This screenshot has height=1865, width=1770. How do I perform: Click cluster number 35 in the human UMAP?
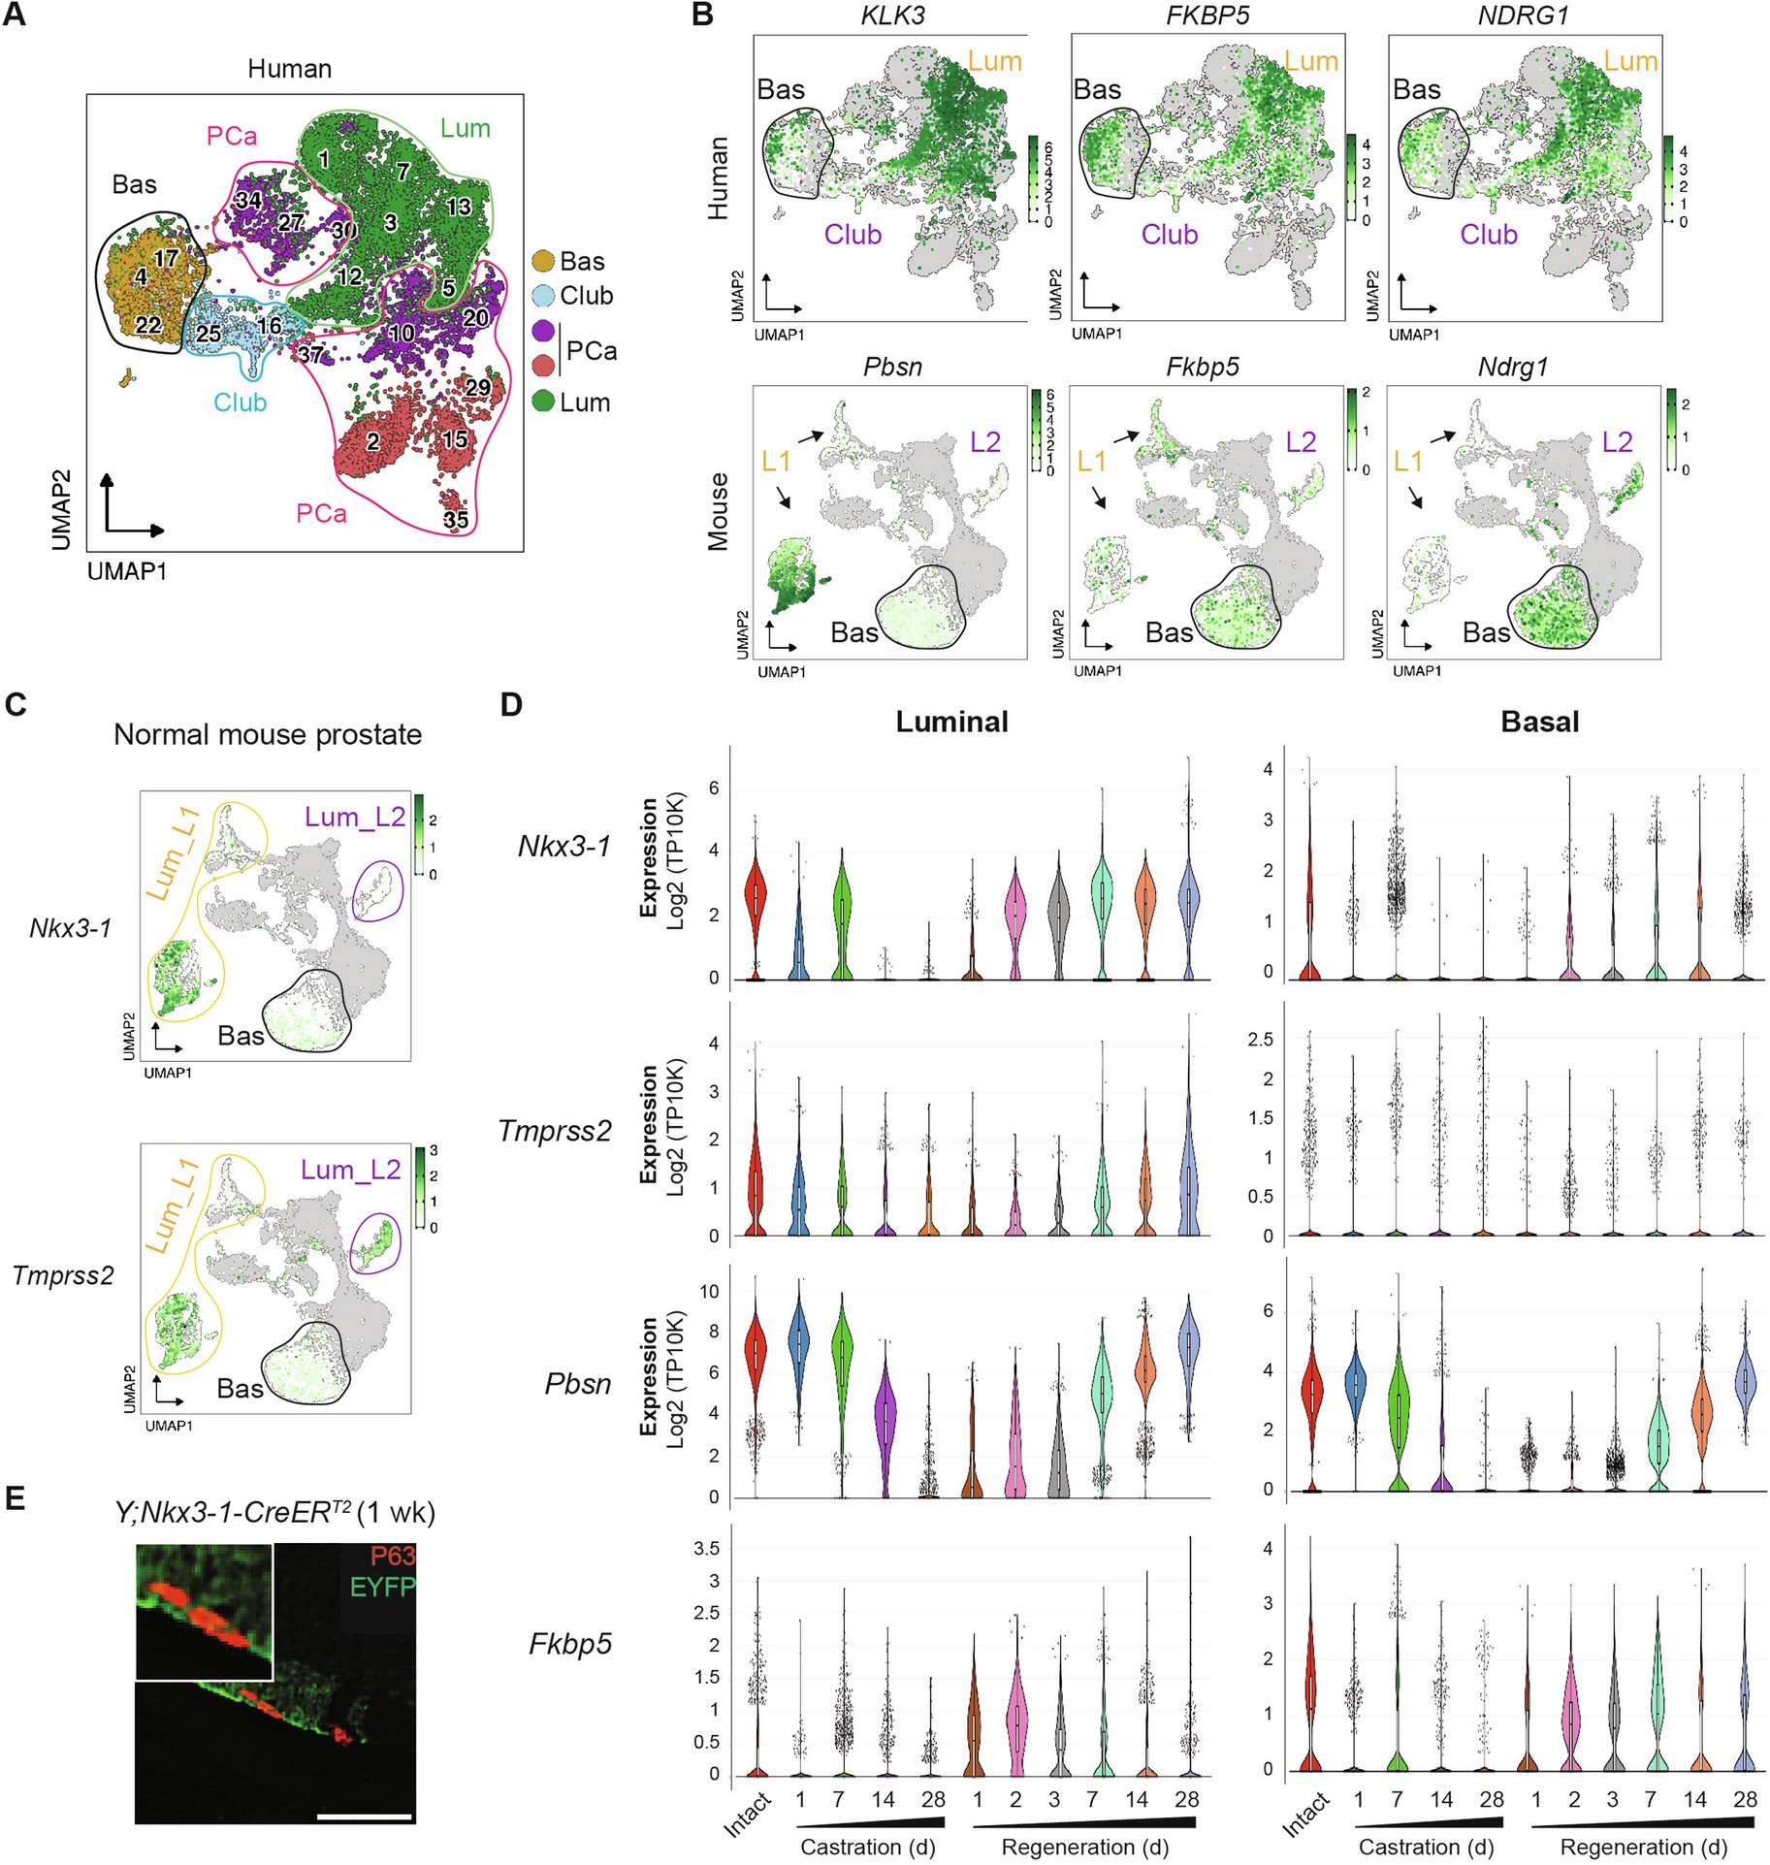click(x=456, y=520)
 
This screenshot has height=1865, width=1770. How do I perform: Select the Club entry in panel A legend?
click(x=585, y=295)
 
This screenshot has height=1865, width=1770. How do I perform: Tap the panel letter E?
click(x=15, y=1500)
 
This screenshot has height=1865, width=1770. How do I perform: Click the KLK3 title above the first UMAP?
click(x=892, y=15)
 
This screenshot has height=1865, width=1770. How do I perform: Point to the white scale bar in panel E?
click(x=364, y=1816)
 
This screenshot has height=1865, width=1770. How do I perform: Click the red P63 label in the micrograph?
click(x=392, y=1556)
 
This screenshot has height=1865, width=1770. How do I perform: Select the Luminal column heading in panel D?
click(x=951, y=722)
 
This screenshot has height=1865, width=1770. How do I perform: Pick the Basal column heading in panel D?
click(x=1539, y=722)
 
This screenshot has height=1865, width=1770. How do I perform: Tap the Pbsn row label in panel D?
click(x=578, y=1383)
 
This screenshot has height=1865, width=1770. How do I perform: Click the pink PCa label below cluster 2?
click(x=321, y=513)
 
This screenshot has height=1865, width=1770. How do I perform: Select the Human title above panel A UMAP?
click(x=289, y=69)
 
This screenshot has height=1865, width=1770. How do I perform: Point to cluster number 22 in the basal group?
click(x=148, y=325)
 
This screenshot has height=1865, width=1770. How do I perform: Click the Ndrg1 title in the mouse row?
click(x=1512, y=368)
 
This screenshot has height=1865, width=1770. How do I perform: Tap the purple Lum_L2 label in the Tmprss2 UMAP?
click(x=350, y=1170)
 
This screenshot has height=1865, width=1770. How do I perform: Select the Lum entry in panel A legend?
click(x=584, y=402)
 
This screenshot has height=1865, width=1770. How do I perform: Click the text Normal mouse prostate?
click(x=268, y=734)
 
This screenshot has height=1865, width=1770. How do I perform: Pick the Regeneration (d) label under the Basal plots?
click(x=1643, y=1847)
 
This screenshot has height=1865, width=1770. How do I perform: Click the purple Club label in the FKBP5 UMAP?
click(x=1169, y=235)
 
